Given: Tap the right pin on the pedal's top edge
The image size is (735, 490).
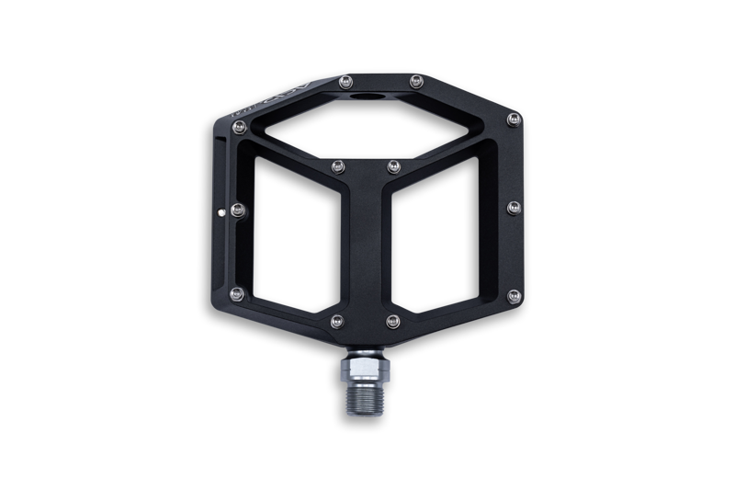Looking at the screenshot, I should pos(415,81).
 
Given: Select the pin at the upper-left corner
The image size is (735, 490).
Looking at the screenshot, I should pos(239,128).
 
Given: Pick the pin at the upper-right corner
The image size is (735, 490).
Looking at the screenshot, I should pos(514,119).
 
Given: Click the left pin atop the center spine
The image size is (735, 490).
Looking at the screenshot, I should pos(337,166).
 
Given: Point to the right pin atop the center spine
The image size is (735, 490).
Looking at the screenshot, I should pos(393,166).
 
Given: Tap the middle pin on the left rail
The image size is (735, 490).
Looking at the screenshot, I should pos(238,211).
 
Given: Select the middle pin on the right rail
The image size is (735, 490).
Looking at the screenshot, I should pos(514,208).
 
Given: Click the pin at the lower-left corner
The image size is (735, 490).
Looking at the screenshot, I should pos(237,294).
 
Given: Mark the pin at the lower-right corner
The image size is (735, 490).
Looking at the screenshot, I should pos(514,296).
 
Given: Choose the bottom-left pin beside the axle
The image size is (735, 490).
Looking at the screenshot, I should pos(337,321).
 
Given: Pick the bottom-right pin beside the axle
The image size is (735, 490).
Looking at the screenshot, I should pos(393,321).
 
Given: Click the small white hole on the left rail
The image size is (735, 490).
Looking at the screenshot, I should pos(226,217).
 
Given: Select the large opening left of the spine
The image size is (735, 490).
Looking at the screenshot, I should pos(294,239).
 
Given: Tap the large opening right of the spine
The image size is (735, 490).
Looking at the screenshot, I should pos(441,239).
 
